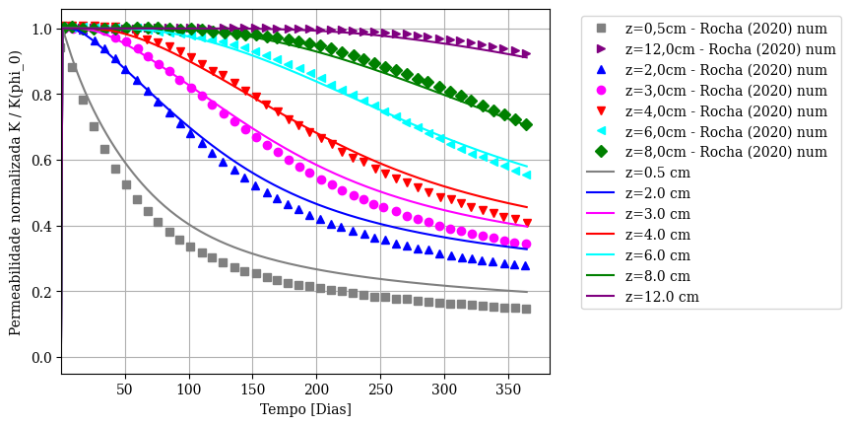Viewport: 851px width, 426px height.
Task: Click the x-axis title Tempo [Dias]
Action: pyautogui.click(x=305, y=409)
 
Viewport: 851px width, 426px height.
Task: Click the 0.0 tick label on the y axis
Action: pyautogui.click(x=40, y=358)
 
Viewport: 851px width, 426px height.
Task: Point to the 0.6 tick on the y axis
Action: pyautogui.click(x=61, y=160)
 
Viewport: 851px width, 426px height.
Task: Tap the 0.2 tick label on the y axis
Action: pyautogui.click(x=40, y=292)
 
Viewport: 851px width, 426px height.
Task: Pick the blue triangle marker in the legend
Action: pyautogui.click(x=600, y=69)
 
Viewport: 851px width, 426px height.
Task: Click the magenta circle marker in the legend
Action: pyautogui.click(x=600, y=90)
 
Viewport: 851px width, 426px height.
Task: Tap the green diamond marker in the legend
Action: pyautogui.click(x=600, y=152)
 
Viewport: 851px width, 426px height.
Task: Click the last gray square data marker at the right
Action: pyautogui.click(x=526, y=309)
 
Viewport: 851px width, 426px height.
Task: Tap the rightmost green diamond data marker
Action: pyautogui.click(x=526, y=124)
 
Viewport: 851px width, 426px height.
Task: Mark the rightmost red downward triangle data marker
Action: pyautogui.click(x=527, y=223)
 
